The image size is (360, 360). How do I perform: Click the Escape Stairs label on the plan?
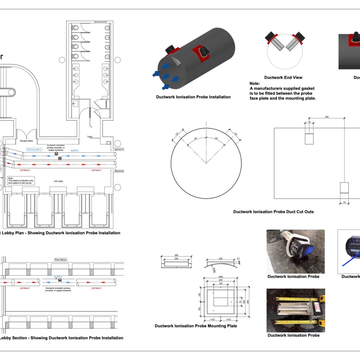click(26, 141)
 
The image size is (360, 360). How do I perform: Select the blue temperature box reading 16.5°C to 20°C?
click(34, 150)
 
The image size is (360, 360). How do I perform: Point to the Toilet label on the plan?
click(90, 137)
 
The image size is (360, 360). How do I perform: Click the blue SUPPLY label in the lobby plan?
click(75, 151)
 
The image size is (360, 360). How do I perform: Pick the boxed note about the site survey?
click(21, 181)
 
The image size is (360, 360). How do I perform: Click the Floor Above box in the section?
click(61, 260)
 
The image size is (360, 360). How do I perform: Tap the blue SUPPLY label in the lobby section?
click(58, 277)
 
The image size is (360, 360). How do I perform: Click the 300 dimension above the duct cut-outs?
click(327, 117)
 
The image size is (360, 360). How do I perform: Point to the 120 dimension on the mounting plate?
click(220, 283)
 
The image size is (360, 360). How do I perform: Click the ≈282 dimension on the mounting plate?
click(220, 276)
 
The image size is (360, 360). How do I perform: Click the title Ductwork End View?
click(283, 78)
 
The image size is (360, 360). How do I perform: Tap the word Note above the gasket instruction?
click(255, 83)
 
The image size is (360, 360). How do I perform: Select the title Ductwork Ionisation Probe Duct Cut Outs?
click(273, 212)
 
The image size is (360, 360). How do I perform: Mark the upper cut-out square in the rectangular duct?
click(309, 138)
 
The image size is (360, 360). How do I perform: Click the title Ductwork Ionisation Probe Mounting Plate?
click(196, 326)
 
